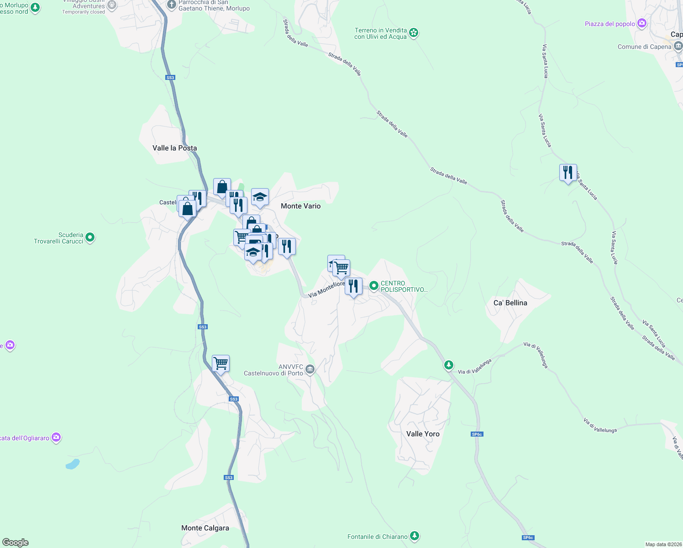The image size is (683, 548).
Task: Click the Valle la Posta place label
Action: coord(174,148)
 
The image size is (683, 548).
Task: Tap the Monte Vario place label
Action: coord(300,206)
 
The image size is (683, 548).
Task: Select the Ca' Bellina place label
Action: coord(510,303)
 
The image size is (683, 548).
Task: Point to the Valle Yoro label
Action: coord(423,434)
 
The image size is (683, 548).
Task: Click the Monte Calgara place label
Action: coord(205,528)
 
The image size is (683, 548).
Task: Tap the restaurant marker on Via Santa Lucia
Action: coord(568,173)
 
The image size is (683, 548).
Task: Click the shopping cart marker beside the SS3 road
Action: coord(221,364)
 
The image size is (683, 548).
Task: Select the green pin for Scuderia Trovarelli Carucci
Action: coord(90,237)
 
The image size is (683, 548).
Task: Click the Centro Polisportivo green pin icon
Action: coord(374,286)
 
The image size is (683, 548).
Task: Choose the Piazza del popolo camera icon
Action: coord(642,23)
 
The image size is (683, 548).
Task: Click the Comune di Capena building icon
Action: coord(678,46)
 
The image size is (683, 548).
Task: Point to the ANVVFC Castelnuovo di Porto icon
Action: coord(310,369)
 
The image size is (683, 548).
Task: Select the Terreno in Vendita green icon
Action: coord(414,32)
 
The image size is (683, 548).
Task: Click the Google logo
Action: coord(16,543)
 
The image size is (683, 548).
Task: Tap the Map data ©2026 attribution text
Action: coord(662,544)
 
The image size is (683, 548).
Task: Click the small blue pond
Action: coord(73,464)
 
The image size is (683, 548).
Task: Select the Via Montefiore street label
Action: coord(326,290)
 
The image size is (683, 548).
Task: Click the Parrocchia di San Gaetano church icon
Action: coord(172,5)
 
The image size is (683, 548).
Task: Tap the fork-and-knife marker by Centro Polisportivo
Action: coord(353,286)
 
